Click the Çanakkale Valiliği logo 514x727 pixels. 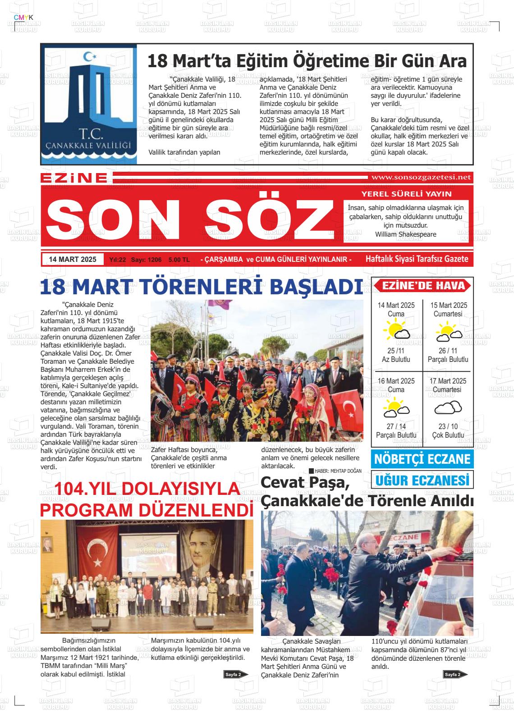(89, 104)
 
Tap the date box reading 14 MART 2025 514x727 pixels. (73, 259)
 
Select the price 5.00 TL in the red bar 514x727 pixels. (179, 260)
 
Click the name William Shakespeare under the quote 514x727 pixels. (405, 234)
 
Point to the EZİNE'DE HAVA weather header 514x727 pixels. (423, 286)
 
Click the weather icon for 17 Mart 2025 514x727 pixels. (448, 408)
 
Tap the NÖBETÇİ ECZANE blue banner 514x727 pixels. (422, 459)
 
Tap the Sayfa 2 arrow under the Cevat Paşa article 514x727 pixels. (455, 674)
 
